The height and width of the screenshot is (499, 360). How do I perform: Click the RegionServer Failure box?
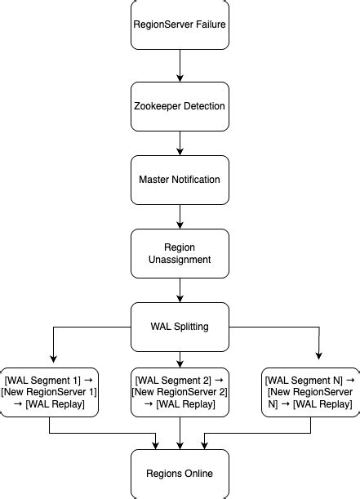(180, 25)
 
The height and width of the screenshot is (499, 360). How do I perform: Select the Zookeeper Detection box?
(180, 106)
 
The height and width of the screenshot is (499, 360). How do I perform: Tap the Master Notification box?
(180, 180)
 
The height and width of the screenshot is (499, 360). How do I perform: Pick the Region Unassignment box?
(180, 253)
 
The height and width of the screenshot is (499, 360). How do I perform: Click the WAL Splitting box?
(180, 327)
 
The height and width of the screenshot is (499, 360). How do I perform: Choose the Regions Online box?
(180, 474)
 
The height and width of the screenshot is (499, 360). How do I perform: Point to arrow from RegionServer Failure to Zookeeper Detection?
(180, 65)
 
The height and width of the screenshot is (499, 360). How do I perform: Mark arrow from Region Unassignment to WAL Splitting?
(180, 290)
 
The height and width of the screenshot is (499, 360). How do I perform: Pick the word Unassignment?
(180, 260)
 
